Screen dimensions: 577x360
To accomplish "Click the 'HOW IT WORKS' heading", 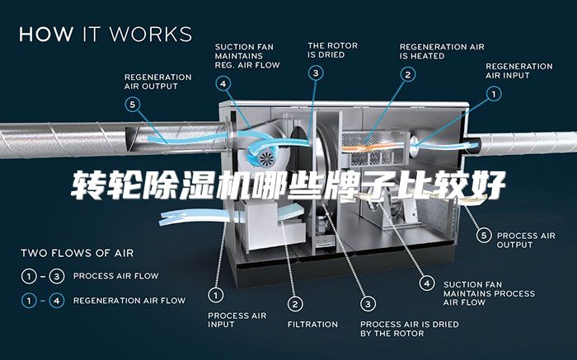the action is coord(106,34).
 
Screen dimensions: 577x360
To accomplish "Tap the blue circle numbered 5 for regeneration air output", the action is coord(133,105).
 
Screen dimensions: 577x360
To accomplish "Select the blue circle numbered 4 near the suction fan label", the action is coord(223,84).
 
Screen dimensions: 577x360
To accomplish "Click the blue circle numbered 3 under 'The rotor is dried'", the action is coord(316,73).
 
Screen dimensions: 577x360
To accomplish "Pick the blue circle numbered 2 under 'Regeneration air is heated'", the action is coord(408,75).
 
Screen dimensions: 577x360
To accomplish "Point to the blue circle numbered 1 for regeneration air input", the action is coord(494,94).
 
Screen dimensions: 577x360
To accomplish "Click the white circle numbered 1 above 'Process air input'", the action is coord(216,295).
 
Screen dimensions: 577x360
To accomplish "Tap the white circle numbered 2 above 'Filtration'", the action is coord(295,304).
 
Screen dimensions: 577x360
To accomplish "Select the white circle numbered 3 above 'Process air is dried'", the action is coord(368,304).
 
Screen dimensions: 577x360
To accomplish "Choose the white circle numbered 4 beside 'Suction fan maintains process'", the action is coord(427,283).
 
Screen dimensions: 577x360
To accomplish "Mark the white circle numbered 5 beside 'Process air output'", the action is coord(484,235).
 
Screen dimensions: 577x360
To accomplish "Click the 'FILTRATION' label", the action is coord(312,325).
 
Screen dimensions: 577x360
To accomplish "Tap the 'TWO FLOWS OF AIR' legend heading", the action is coord(77,253).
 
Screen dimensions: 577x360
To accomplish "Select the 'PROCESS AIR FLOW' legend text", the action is coord(116,276).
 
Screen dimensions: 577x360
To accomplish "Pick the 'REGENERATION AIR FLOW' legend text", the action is coord(129,301).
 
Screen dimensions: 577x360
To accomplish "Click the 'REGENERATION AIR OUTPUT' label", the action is coord(158,82).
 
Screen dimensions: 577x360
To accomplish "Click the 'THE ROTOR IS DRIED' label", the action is coord(333,50).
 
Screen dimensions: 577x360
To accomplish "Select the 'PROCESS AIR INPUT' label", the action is coord(237,320).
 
